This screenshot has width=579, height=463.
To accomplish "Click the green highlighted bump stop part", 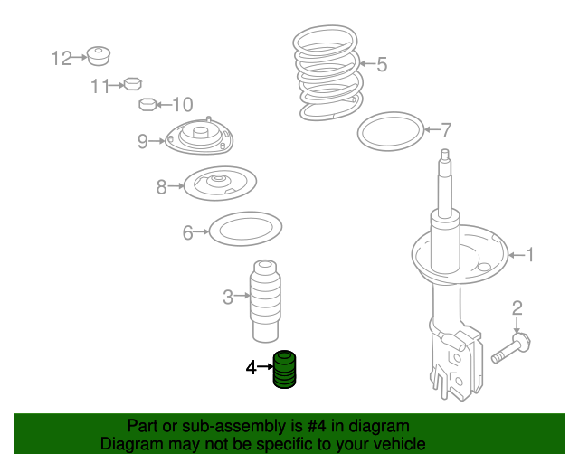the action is pos(284,370).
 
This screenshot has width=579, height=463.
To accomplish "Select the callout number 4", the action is pos(252,368).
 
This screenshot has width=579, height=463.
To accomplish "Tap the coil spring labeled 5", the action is pos(327,72).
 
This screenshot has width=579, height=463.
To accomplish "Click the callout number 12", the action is pos(62,59).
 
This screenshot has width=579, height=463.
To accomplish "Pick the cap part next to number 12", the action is pos(99,56).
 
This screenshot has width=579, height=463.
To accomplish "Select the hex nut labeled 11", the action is pos(133,84).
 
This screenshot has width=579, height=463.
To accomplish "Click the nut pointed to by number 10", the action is pos(148,105).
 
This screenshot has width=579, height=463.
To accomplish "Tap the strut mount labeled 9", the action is pos(199,136).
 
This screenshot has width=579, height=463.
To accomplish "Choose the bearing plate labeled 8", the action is pos(220,184).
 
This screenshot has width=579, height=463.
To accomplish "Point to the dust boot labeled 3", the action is pos(265,301).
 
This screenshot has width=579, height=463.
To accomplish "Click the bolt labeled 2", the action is pos(511,347).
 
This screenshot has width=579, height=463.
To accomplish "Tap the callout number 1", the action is pos(530,255).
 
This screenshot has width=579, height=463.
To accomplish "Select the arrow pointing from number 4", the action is pos(265,366).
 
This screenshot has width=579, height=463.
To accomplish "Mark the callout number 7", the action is pos(446,130).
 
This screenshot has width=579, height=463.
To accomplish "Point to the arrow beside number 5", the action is pos(367,63).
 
